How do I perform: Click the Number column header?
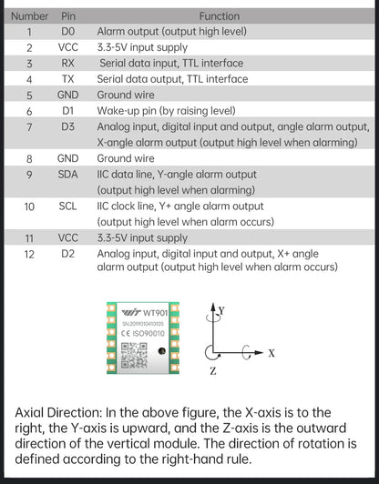30,16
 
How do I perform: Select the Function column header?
220,16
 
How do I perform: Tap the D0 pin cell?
67,32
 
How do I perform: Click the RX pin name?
67,63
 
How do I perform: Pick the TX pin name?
67,79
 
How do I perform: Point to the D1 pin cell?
67,110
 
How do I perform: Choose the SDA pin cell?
67,175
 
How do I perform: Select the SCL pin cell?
67,207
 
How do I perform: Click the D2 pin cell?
67,254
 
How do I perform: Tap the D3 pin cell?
67,126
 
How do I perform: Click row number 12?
29,255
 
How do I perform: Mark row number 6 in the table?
29,111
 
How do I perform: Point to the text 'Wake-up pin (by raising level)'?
167,110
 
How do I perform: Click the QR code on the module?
134,356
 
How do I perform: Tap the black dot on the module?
161,351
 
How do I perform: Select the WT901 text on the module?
156,313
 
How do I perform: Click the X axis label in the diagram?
271,353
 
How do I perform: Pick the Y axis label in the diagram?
221,310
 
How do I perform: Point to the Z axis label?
213,371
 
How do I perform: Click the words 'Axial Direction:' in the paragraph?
58,413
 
